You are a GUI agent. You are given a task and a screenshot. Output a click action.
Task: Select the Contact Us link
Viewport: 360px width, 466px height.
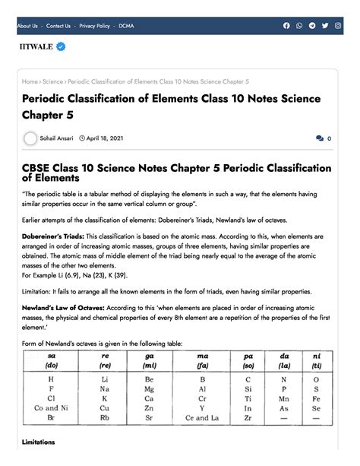pyautogui.click(x=58, y=26)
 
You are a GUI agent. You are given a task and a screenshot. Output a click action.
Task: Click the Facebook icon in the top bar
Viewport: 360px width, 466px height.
pyautogui.click(x=286, y=26)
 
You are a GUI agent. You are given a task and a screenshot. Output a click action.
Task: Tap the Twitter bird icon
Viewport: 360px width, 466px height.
pyautogui.click(x=324, y=26)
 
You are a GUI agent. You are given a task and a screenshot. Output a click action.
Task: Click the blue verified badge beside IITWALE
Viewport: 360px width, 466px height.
pyautogui.click(x=61, y=46)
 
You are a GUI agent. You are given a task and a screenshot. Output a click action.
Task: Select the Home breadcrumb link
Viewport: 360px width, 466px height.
pyautogui.click(x=30, y=81)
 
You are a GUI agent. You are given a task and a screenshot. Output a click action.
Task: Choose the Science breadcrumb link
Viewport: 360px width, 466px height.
pyautogui.click(x=52, y=81)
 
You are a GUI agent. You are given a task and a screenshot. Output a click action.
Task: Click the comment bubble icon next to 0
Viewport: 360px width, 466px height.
pyautogui.click(x=319, y=139)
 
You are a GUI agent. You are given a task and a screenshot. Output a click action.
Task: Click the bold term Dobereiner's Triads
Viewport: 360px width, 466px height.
pyautogui.click(x=53, y=236)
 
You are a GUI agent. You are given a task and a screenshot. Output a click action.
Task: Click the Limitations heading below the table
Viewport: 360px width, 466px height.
pyautogui.click(x=39, y=442)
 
